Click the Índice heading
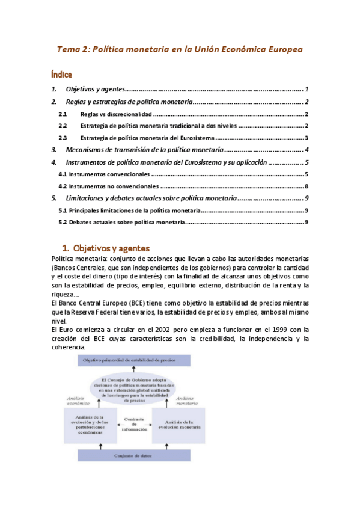click(x=61, y=75)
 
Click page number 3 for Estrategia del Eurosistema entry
click(x=307, y=138)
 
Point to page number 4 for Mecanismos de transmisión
click(x=307, y=150)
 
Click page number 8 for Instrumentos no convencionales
click(x=307, y=186)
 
